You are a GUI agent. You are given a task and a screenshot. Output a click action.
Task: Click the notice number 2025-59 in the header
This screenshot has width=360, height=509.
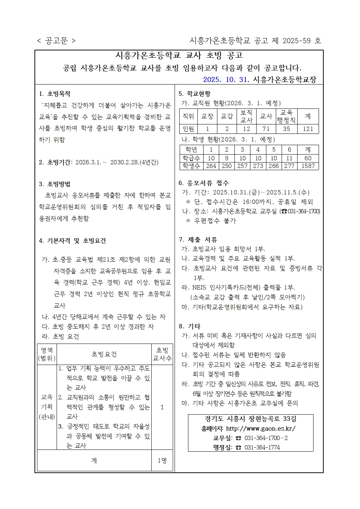(x=296, y=41)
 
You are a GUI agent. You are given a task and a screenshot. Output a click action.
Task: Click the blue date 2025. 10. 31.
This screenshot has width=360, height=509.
(x=225, y=79)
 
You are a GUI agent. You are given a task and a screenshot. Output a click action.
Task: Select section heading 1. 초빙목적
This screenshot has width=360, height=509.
(x=55, y=94)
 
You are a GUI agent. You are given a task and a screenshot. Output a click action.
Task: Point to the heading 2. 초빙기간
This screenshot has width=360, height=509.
(x=56, y=162)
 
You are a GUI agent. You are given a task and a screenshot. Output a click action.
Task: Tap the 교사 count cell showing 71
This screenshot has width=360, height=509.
(x=266, y=129)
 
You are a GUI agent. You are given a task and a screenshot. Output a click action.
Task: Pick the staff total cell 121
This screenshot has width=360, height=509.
(x=308, y=129)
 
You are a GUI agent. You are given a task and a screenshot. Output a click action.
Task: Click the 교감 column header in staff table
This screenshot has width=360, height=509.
(x=227, y=116)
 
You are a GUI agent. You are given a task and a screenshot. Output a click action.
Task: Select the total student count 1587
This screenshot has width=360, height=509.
(x=308, y=166)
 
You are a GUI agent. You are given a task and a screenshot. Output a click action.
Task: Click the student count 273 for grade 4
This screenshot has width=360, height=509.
(x=258, y=166)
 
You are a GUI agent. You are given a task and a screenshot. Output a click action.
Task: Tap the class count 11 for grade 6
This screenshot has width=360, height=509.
(x=289, y=158)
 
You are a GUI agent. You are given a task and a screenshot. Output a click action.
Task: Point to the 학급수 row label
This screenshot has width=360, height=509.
(x=191, y=158)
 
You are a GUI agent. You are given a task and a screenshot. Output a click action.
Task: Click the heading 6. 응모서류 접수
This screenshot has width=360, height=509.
(x=204, y=183)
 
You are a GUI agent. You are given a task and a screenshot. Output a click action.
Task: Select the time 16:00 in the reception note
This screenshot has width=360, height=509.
(x=250, y=202)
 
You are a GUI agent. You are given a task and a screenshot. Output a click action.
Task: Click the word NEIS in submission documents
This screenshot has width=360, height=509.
(x=199, y=287)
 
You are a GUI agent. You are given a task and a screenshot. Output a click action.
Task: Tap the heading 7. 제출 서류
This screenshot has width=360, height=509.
(x=198, y=240)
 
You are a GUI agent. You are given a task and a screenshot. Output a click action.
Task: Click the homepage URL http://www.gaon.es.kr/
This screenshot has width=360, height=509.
(x=261, y=428)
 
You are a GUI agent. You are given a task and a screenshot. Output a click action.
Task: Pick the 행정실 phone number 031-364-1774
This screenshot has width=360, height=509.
(x=262, y=447)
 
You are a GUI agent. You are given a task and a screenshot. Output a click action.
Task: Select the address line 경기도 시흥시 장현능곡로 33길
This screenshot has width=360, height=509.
(x=250, y=419)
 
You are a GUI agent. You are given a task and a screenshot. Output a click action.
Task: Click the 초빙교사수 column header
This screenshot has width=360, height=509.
(x=162, y=354)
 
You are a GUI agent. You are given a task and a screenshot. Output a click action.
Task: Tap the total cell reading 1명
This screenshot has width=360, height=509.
(x=162, y=460)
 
